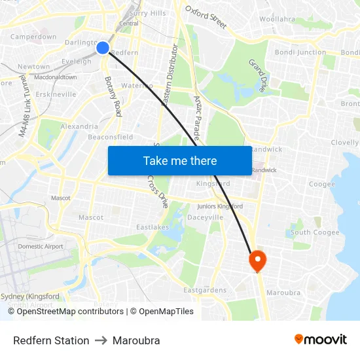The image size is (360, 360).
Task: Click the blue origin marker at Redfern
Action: coord(103,47)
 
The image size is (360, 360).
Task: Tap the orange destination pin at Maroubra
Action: coord(257,261)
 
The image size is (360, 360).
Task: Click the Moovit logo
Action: coord(321,339)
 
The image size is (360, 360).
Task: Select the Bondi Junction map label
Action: coord(300,52)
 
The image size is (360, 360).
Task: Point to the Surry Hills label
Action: coord(148,13)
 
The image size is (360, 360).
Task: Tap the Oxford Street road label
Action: coord(206,18)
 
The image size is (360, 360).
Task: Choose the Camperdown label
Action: coord(33,37)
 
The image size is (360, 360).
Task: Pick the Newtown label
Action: coord(33,67)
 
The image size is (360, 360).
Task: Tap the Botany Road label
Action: coord(113,96)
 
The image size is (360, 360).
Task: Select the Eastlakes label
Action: coord(153,227)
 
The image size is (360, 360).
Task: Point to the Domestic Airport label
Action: coord(41,247)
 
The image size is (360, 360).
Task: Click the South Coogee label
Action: coord(315,232)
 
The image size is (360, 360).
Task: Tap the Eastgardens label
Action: coord(205,290)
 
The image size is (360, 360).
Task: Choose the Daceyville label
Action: coord(206,217)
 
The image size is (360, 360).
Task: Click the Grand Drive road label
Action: coord(257,75)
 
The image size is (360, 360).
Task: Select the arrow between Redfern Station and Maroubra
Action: coord(101,340)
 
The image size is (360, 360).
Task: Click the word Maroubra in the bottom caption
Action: coord(136,340)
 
